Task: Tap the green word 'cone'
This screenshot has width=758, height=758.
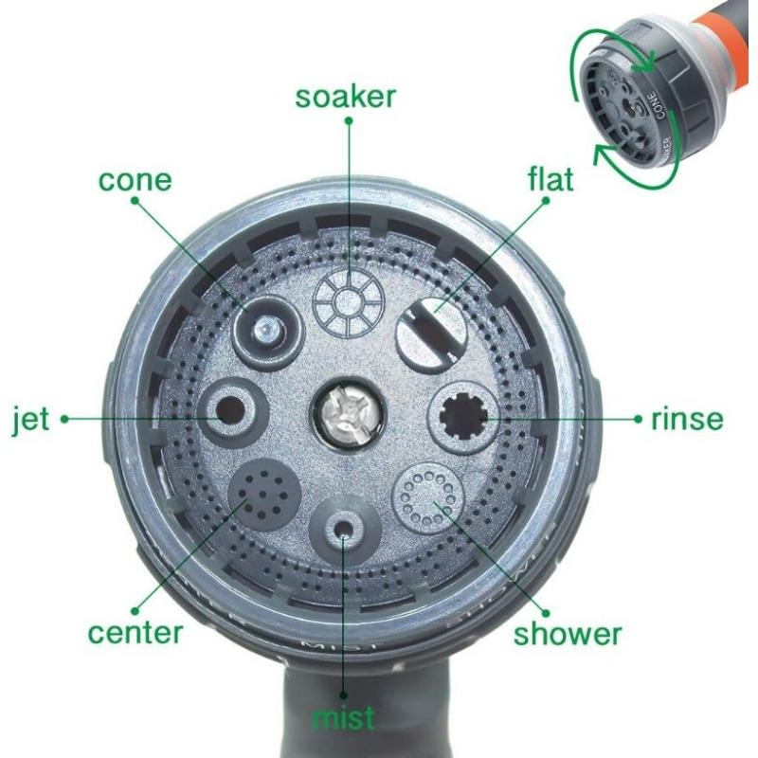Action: click(x=135, y=179)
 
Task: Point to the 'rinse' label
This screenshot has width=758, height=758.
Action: click(x=686, y=419)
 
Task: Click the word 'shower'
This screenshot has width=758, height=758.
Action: click(x=568, y=633)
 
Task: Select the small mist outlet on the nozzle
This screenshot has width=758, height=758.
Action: click(x=344, y=528)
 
